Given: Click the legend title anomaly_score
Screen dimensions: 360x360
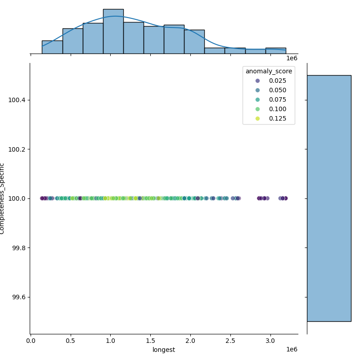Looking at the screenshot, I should pos(269,71).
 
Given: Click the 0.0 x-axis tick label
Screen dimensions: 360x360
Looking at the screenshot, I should pos(31,341).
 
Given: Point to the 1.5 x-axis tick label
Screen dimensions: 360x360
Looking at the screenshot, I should pos(151,341).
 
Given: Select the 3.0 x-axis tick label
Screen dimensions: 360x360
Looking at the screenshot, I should pos(271,341).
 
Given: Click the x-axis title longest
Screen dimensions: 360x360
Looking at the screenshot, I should pos(164,350).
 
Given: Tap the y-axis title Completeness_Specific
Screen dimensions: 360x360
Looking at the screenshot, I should pos(2,198).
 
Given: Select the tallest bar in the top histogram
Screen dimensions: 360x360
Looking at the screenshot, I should pos(113,31).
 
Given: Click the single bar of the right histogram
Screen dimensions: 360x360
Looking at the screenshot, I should pos(329,198).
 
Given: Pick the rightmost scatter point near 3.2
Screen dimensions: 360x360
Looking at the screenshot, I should pos(285,198).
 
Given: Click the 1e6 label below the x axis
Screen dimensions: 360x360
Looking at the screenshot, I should pos(292,350).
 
